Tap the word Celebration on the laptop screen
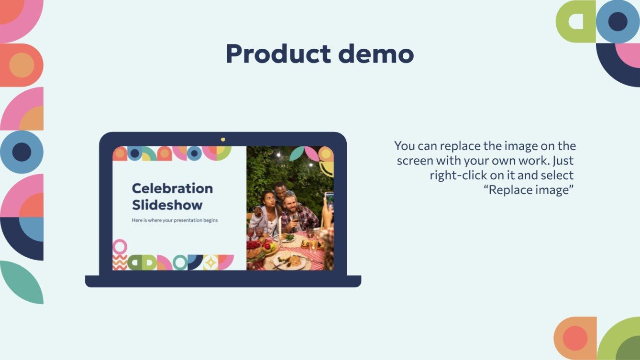click(x=172, y=188)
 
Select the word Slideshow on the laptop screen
click(x=167, y=205)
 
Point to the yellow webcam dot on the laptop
click(x=223, y=139)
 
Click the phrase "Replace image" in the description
click(x=529, y=190)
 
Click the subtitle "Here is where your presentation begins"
click(x=175, y=220)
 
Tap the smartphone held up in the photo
click(x=329, y=200)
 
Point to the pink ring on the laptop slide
click(x=120, y=246)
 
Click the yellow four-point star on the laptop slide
click(x=210, y=262)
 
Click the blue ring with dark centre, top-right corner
click(x=618, y=22)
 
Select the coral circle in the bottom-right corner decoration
click(x=574, y=338)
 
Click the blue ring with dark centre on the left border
click(x=22, y=152)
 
